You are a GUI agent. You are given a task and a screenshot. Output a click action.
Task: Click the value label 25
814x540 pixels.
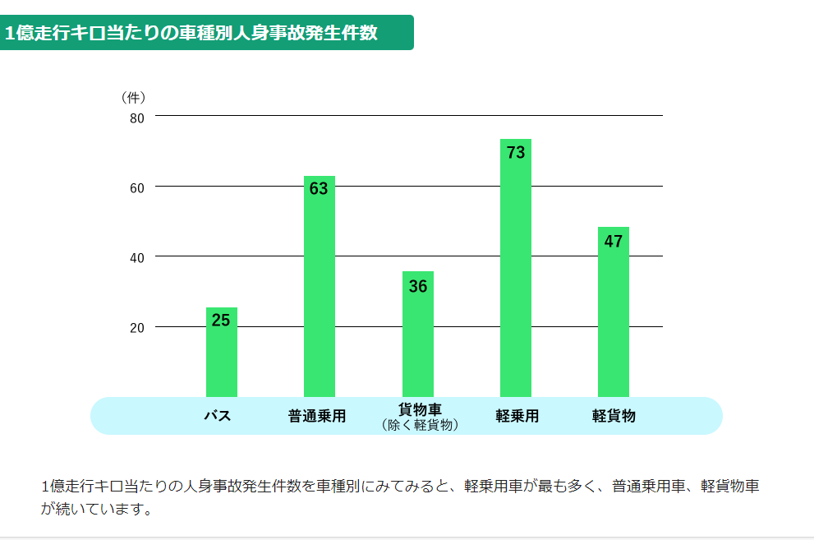pyautogui.click(x=221, y=321)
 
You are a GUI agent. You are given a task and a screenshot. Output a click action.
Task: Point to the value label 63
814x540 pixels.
pyautogui.click(x=319, y=189)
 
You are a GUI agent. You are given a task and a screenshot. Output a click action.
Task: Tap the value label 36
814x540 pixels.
pyautogui.click(x=417, y=286)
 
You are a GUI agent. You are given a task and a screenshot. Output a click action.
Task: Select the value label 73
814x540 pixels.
pyautogui.click(x=515, y=153)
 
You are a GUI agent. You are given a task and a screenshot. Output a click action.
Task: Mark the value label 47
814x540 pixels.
pyautogui.click(x=613, y=242)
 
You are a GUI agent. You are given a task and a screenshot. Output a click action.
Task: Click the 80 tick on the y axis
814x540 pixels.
pyautogui.click(x=137, y=118)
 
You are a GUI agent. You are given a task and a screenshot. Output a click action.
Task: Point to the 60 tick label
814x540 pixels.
pyautogui.click(x=137, y=187)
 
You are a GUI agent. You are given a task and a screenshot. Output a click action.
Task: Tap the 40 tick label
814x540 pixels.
pyautogui.click(x=137, y=257)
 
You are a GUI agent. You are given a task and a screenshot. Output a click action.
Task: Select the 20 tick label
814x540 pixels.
pyautogui.click(x=137, y=328)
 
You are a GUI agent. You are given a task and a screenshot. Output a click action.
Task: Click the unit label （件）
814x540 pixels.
pyautogui.click(x=133, y=97)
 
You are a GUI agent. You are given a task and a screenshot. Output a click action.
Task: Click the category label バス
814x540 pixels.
pyautogui.click(x=218, y=416)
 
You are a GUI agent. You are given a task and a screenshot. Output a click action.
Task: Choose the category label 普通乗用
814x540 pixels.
pyautogui.click(x=317, y=416)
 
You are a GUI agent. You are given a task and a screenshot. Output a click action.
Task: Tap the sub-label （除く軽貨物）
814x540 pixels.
pyautogui.click(x=420, y=425)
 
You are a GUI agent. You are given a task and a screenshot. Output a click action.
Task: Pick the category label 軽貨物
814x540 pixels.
pyautogui.click(x=614, y=416)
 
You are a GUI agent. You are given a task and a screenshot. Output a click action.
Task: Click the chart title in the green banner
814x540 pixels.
pyautogui.click(x=191, y=34)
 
